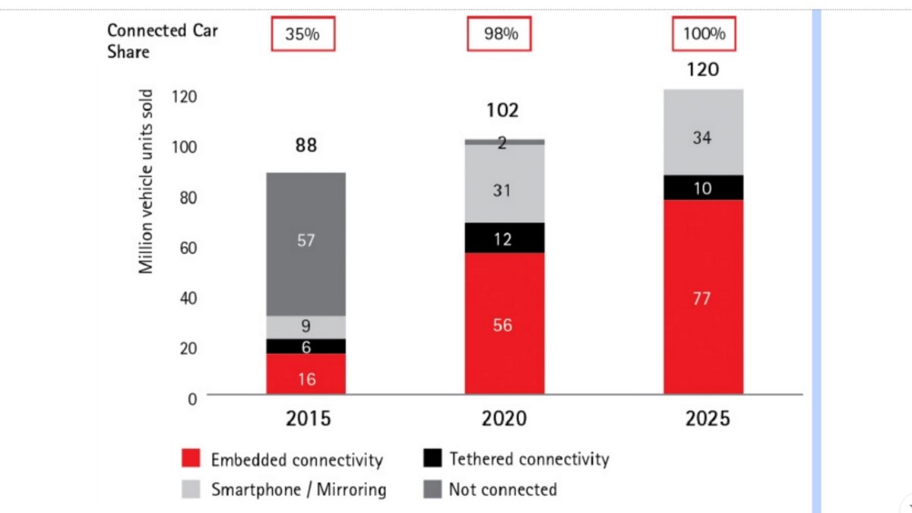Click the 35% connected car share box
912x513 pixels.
pos(302,34)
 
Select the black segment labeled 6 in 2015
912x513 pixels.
pos(306,347)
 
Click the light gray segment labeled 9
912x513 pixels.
pos(306,328)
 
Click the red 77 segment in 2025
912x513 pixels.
pos(703,297)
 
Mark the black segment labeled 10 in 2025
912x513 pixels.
pos(703,188)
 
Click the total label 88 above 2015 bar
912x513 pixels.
pos(306,145)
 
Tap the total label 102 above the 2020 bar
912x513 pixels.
pos(502,110)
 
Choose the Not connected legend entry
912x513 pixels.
pos(489,489)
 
